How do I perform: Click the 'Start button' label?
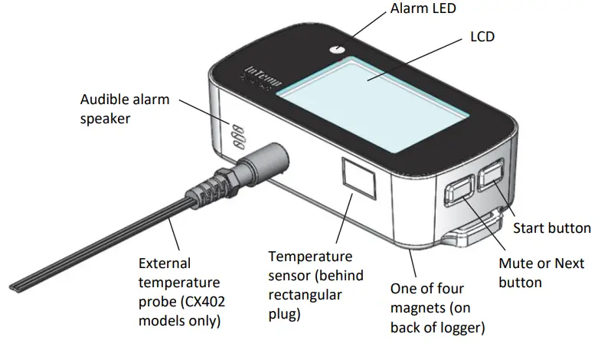coord(551,227)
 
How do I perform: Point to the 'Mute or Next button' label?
coord(541,273)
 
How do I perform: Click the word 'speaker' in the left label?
coord(106,119)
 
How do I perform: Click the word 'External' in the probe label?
coord(163,261)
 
